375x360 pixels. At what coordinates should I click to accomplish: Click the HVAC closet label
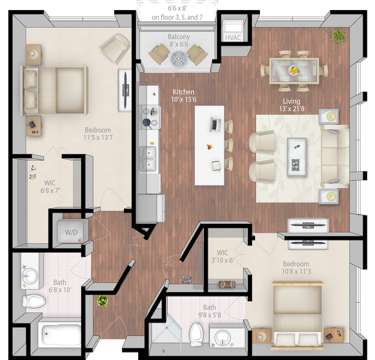(x=233, y=38)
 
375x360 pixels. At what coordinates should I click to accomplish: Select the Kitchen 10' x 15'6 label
(x=184, y=96)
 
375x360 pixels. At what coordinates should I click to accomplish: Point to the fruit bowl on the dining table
(x=293, y=70)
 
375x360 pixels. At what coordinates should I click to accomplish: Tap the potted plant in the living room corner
(x=338, y=36)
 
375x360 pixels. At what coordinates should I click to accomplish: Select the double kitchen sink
(x=148, y=159)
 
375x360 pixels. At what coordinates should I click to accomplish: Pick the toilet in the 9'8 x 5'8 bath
(x=196, y=334)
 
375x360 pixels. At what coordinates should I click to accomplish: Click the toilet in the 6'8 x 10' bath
(x=34, y=301)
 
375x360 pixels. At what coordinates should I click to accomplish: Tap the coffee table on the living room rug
(x=296, y=156)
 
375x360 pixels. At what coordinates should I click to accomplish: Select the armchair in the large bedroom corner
(x=115, y=48)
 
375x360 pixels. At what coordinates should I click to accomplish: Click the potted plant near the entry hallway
(x=102, y=301)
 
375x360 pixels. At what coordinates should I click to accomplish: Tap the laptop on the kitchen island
(x=215, y=125)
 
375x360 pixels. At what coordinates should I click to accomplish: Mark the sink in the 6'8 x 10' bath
(x=30, y=276)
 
